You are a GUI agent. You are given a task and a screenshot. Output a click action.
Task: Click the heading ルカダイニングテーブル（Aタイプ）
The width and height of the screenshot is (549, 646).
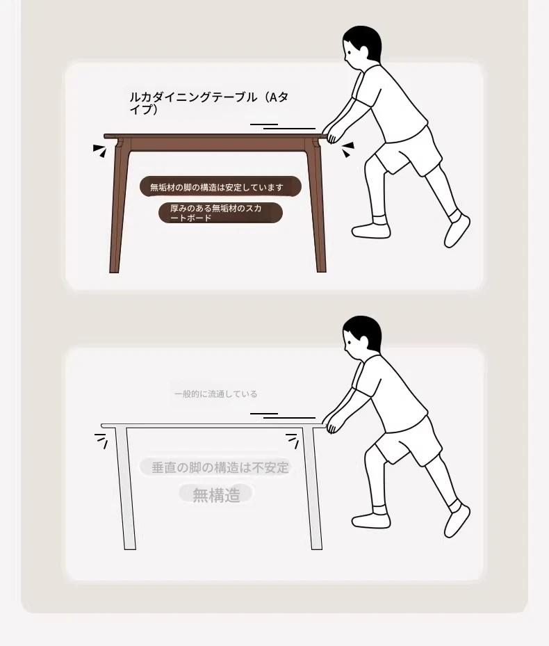click(208, 103)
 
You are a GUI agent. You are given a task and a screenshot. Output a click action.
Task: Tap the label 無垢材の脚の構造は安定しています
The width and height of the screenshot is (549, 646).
click(217, 188)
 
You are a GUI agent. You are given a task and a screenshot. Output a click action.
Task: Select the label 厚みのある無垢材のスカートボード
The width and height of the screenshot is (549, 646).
click(216, 213)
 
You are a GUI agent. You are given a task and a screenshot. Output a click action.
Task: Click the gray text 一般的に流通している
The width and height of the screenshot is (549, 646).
click(216, 394)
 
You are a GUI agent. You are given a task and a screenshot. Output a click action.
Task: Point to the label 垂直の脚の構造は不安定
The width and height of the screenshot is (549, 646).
click(220, 467)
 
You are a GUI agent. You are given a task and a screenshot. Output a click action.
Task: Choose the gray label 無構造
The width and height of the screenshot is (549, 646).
click(216, 494)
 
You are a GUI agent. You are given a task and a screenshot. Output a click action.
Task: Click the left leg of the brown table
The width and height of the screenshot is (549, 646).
click(119, 206)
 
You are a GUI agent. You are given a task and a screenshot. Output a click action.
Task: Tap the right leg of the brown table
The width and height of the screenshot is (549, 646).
click(316, 206)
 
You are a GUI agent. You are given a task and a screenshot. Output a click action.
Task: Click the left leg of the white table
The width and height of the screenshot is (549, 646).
click(125, 488)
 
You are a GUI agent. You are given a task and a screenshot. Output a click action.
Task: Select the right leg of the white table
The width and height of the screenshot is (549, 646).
click(313, 488)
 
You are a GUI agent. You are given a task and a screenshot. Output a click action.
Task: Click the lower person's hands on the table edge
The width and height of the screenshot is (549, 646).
click(331, 423)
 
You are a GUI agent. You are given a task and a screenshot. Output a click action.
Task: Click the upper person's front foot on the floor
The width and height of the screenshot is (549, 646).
click(371, 230)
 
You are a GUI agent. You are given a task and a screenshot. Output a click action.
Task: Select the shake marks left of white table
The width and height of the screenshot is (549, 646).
click(101, 440)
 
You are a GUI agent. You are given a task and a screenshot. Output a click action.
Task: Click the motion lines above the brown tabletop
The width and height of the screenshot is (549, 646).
click(283, 126)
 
